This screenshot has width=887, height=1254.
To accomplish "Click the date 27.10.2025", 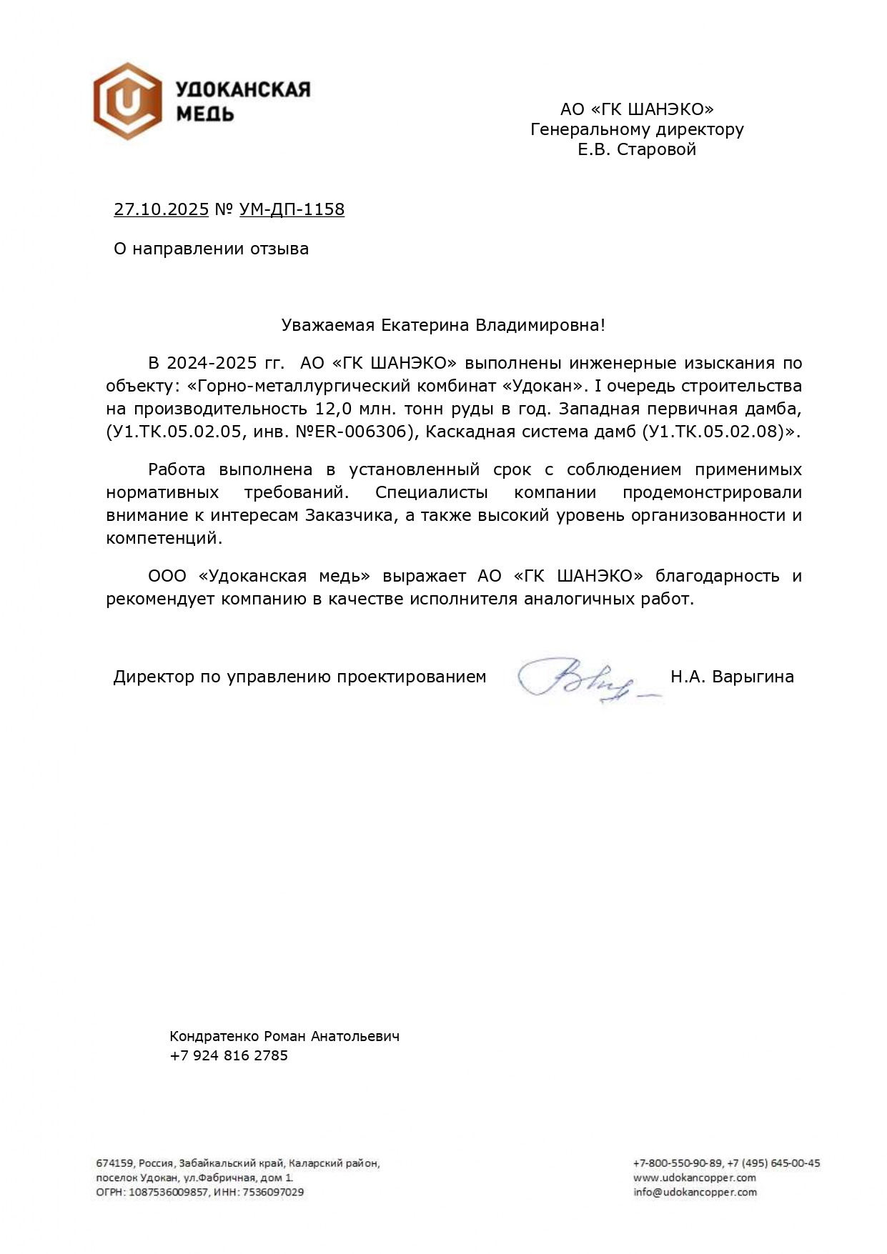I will click(161, 209).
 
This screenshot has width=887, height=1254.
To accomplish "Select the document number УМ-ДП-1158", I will click(292, 209).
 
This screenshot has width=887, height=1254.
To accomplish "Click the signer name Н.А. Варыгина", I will click(732, 677).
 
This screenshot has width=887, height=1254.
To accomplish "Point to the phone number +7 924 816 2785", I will click(229, 1055).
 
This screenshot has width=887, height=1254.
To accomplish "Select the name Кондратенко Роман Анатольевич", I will click(284, 1036).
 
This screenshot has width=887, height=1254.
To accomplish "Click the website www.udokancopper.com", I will click(694, 1178).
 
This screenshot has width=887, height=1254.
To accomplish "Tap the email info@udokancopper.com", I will click(694, 1192).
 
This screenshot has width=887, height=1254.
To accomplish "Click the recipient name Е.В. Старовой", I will click(637, 149).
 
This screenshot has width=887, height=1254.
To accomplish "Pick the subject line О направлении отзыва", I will click(212, 249).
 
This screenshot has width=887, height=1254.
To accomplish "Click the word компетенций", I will click(164, 538).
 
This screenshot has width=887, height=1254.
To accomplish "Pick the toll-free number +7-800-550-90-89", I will click(677, 1163).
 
